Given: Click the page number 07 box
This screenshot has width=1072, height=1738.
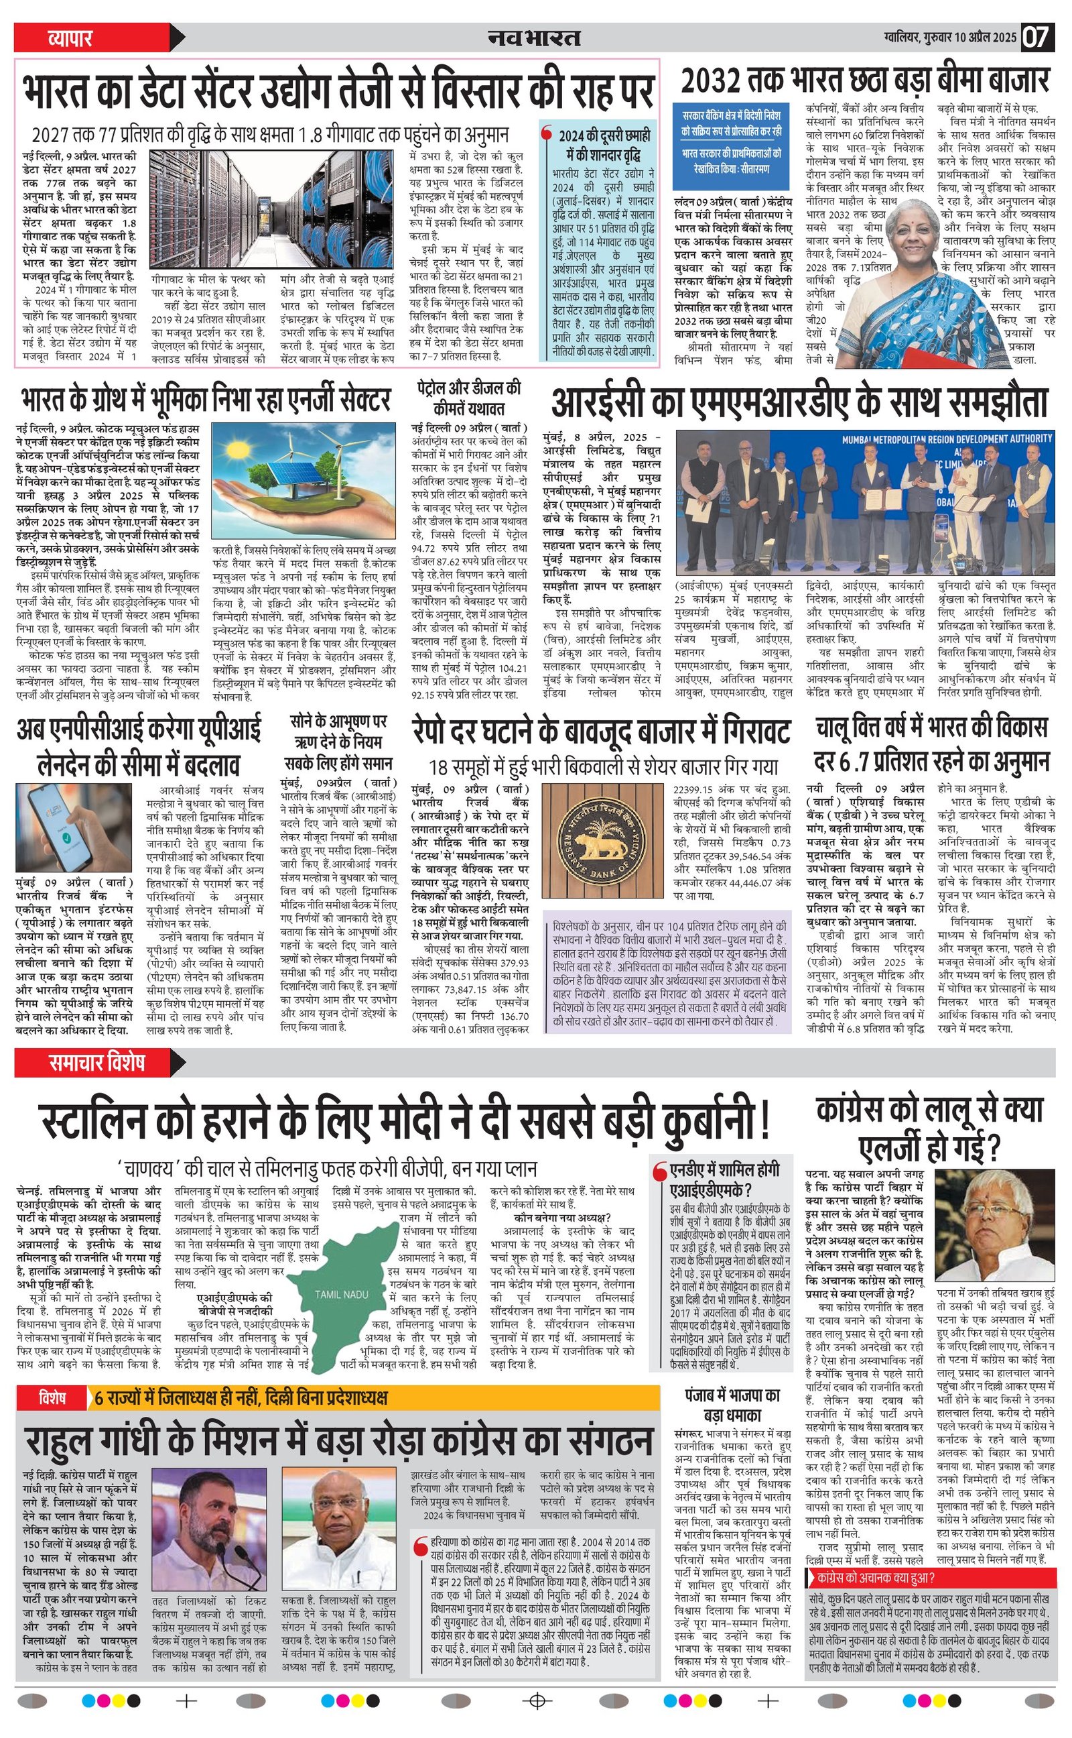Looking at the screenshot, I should pyautogui.click(x=1037, y=36).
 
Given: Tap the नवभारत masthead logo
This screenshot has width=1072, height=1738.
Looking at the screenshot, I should pyautogui.click(x=534, y=38).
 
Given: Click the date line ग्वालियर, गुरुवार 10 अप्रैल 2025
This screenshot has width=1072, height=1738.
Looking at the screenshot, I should pyautogui.click(x=949, y=36).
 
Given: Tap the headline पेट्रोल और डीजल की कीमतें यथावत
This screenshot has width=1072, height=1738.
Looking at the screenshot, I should pyautogui.click(x=470, y=398).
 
